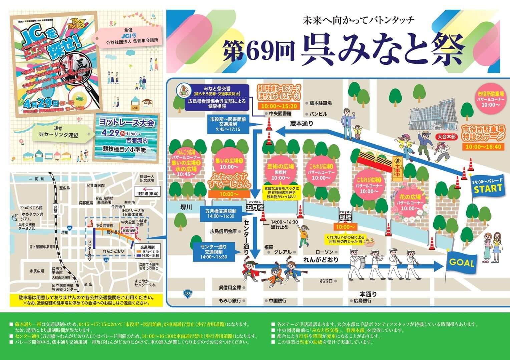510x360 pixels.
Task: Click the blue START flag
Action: tap(488, 188)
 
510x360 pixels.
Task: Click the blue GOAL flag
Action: tap(462, 263)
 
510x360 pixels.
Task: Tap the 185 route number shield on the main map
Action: tap(187, 294)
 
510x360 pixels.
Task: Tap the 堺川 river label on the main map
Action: tap(186, 207)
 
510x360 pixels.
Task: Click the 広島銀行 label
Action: tap(363, 301)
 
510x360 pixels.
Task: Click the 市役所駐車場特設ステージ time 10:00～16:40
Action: tap(483, 147)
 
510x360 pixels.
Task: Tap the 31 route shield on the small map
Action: tap(69, 227)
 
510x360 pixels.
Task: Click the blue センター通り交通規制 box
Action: tap(213, 252)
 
